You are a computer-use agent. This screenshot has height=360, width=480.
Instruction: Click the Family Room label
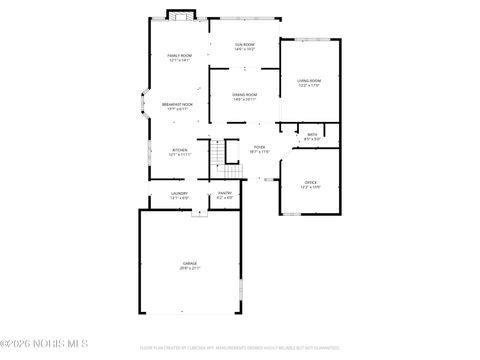pyautogui.click(x=179, y=56)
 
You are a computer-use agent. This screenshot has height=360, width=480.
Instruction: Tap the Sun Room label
pyautogui.click(x=245, y=44)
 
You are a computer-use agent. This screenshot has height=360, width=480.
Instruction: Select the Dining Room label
pyautogui.click(x=245, y=95)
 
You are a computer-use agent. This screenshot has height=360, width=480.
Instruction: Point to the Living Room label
pyautogui.click(x=309, y=80)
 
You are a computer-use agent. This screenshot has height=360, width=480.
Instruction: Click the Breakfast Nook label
pyautogui.click(x=178, y=104)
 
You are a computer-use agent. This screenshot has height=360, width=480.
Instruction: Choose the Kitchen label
pyautogui.click(x=179, y=150)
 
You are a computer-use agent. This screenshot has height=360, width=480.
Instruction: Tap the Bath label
pyautogui.click(x=312, y=134)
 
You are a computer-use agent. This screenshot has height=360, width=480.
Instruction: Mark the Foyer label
pyautogui.click(x=259, y=147)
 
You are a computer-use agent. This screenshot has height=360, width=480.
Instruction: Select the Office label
pyautogui.click(x=310, y=182)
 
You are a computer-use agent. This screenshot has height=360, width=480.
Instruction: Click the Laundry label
pyautogui.click(x=179, y=193)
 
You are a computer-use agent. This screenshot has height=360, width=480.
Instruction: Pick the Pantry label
pyautogui.click(x=225, y=193)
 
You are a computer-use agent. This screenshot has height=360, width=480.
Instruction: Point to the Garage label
pyautogui.click(x=189, y=263)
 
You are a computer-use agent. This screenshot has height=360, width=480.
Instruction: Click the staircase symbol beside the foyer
pyautogui.click(x=218, y=157)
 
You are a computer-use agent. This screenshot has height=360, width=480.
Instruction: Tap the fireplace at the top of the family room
pyautogui.click(x=179, y=15)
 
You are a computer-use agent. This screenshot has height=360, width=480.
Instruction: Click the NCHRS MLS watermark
pyautogui.click(x=41, y=347)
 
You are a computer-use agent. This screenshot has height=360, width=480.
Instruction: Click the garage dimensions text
pyautogui.click(x=189, y=268)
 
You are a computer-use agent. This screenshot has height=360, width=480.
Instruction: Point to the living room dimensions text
pyautogui.click(x=309, y=85)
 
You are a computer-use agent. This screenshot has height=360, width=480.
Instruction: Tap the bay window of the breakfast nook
pyautogui.click(x=142, y=105)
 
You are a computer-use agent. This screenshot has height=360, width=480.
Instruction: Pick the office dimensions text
pyautogui.click(x=310, y=187)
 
